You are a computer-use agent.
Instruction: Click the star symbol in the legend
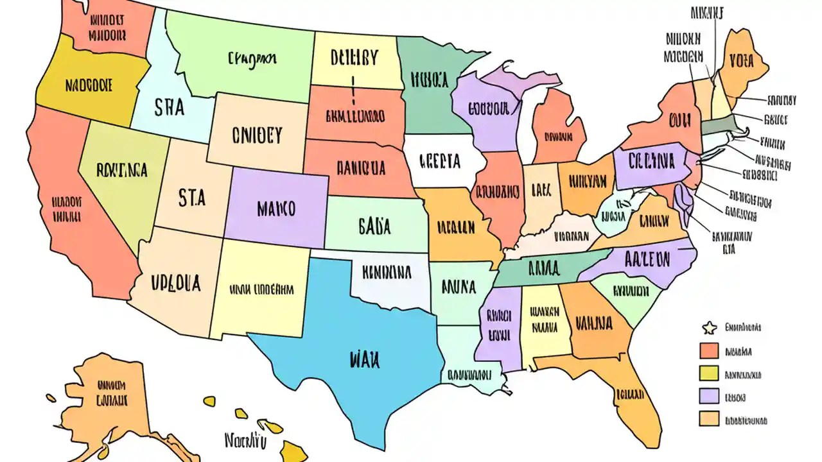click(x=709, y=329)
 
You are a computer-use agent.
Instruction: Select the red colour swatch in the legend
click(x=709, y=350)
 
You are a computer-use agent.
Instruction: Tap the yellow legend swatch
click(x=709, y=373)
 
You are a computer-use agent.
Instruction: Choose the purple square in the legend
click(x=709, y=396)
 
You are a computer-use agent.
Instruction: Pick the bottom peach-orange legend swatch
click(x=709, y=419)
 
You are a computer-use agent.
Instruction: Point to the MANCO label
click(x=276, y=209)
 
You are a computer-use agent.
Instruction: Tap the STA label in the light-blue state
click(x=169, y=107)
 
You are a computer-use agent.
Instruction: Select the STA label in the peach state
click(x=192, y=198)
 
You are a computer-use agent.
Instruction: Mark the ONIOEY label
click(x=256, y=135)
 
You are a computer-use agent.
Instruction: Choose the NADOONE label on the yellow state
click(x=89, y=85)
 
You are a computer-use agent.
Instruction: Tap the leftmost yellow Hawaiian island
click(x=209, y=401)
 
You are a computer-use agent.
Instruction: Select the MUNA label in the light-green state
click(x=459, y=286)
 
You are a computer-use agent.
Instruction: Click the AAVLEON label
click(x=647, y=260)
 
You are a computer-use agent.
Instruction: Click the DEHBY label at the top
click(x=354, y=58)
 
